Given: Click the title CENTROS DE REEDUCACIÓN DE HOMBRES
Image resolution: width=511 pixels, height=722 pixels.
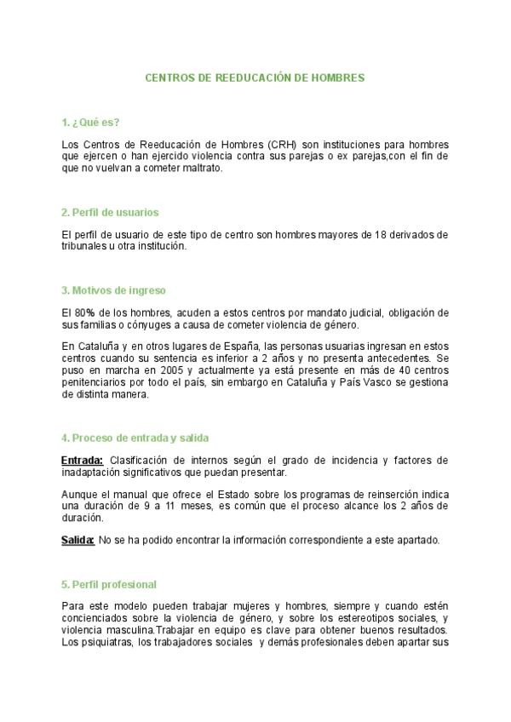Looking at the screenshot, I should click(255, 77).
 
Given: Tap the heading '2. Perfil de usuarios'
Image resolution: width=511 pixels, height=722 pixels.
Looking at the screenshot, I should click(110, 212).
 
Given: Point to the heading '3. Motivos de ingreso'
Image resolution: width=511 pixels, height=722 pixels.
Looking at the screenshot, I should click(113, 290).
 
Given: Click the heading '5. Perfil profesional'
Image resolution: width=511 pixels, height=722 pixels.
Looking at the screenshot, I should click(109, 584).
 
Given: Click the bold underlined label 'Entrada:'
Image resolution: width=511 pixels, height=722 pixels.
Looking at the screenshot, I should click(83, 461).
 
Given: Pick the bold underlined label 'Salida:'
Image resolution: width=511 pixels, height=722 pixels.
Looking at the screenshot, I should click(78, 540).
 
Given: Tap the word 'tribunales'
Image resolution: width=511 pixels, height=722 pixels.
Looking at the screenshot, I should click(86, 246).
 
